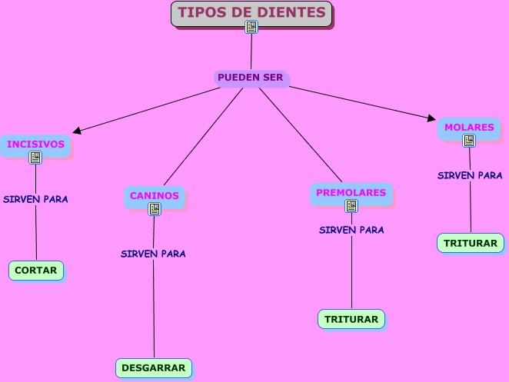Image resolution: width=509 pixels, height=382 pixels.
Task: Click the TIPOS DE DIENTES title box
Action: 251,13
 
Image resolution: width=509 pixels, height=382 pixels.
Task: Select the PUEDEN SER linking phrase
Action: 251,78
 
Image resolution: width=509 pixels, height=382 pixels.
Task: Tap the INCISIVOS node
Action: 35,144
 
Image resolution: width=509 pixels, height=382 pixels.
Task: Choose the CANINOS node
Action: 154,195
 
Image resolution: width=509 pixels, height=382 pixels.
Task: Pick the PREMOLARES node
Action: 351,192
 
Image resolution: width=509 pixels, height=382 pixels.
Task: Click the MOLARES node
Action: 469,127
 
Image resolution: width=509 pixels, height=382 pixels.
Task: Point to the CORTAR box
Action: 36,271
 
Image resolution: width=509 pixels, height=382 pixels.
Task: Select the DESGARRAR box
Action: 154,368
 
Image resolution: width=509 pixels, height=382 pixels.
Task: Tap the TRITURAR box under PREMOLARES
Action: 351,319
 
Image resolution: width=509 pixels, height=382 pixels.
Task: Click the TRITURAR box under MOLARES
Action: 471,243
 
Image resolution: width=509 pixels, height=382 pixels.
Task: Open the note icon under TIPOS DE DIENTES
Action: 251,28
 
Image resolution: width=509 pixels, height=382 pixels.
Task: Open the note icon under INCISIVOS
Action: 35,158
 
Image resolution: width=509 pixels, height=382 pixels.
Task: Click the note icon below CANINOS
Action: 155,209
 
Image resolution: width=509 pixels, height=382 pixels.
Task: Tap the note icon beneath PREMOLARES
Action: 351,206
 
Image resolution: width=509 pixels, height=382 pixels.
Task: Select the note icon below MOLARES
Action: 469,141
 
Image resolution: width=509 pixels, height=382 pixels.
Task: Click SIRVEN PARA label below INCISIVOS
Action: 35,199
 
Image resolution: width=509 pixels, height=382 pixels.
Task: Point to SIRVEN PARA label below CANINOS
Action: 153,254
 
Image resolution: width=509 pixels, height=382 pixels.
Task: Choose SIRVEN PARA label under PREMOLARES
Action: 351,230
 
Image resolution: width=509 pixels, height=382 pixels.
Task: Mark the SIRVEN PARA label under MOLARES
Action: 470,175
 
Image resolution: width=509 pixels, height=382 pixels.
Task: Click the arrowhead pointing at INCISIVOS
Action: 77,131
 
